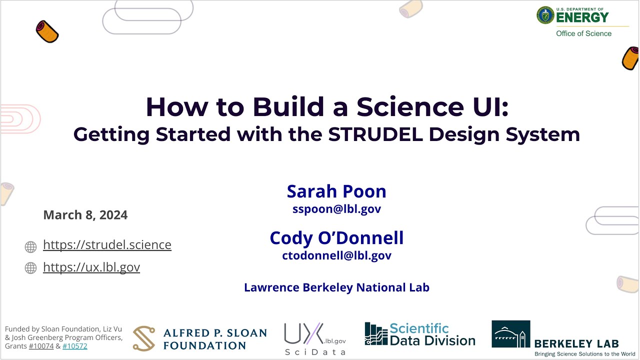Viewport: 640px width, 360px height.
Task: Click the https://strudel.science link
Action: coord(107,245)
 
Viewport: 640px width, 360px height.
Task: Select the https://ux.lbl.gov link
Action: coord(91,267)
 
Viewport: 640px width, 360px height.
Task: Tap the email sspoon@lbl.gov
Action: coord(336,209)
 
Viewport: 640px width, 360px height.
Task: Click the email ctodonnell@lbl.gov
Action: coord(336,256)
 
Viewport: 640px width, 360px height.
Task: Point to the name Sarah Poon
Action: coord(336,191)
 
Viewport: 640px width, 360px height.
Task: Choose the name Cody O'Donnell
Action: coord(336,238)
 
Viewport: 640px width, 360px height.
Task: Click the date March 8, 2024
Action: coord(85,215)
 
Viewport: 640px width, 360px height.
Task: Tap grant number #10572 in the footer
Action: coord(75,346)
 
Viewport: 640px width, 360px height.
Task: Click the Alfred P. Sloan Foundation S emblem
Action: coord(144,338)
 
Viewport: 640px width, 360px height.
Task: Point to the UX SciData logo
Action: coord(314,338)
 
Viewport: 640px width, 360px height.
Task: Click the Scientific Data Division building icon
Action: coord(376,334)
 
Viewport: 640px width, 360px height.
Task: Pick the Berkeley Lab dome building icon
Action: coord(510,334)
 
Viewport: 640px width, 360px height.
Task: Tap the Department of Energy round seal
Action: coord(545,15)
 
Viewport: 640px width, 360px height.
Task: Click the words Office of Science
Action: coord(583,33)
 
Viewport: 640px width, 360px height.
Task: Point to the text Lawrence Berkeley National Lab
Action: coord(336,287)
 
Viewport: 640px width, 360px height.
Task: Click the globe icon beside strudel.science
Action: coord(31,246)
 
